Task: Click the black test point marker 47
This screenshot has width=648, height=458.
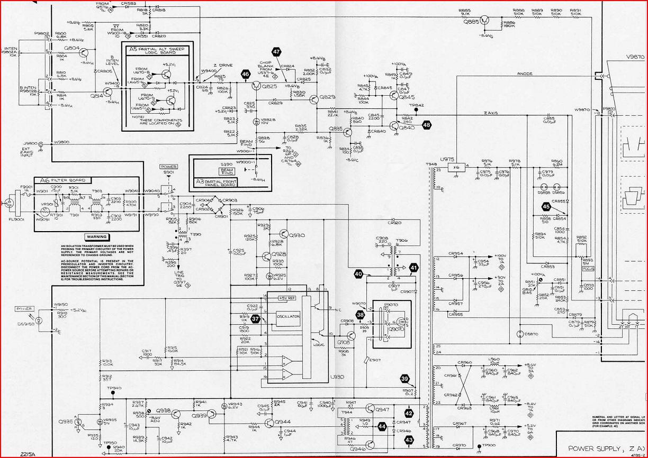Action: coord(276,51)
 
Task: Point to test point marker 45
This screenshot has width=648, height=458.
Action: coord(546,207)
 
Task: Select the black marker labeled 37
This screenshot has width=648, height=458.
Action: coord(256,319)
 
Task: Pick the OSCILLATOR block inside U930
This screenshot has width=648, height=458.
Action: coord(288,316)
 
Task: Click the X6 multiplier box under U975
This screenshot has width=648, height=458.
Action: coord(456,167)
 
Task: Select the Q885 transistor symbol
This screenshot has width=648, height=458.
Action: coord(486,21)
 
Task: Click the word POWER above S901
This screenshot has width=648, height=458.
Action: coord(168,167)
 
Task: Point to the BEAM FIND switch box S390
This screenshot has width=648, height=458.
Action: coord(226,171)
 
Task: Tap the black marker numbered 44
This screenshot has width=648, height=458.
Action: coord(382,425)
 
